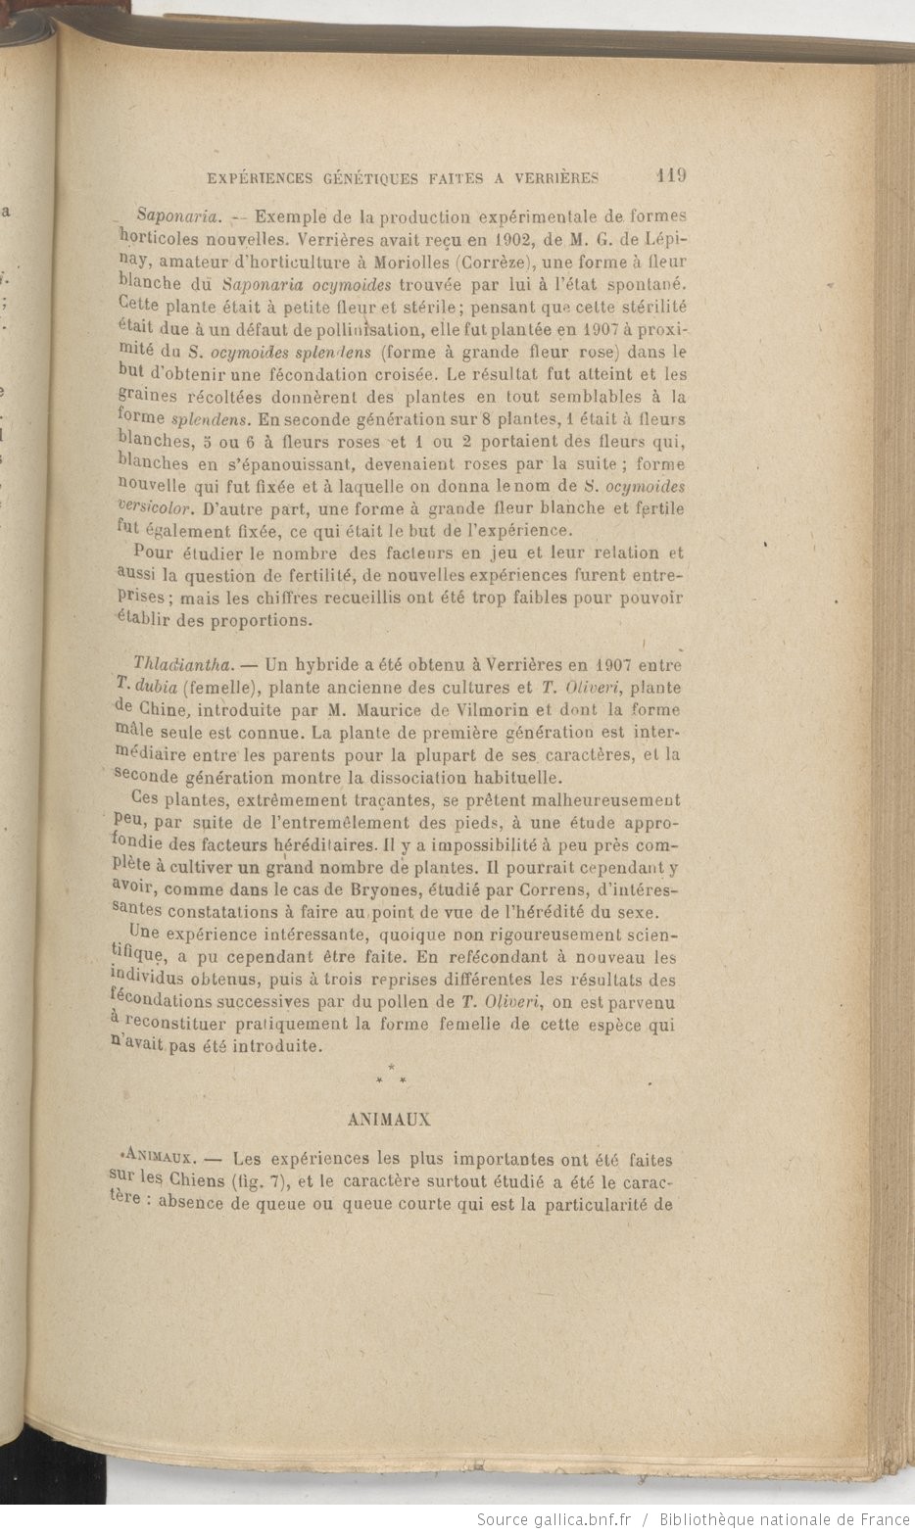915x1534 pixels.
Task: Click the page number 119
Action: (x=671, y=176)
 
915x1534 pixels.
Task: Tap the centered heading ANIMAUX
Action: (x=390, y=1118)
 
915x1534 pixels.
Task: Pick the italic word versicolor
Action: (x=152, y=509)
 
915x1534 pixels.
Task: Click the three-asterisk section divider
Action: (x=391, y=1076)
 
